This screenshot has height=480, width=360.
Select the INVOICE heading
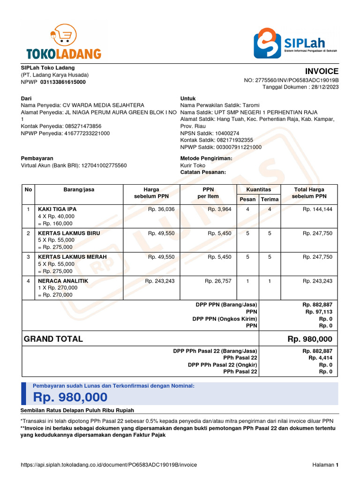tap(322, 71)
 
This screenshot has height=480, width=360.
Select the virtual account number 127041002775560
tap(104, 165)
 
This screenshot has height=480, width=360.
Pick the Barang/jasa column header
tap(79, 190)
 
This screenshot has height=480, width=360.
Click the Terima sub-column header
tap(270, 199)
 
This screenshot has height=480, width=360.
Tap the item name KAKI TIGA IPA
tap(57, 209)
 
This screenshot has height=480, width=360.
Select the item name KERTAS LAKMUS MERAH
tap(72, 257)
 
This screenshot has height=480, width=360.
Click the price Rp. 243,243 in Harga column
tap(159, 281)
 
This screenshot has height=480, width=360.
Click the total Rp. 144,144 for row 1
tap(317, 209)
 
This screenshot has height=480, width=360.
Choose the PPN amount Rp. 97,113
tap(319, 312)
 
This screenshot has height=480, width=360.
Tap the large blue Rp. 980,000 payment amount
tap(70, 397)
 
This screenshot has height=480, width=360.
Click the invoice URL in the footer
tap(109, 465)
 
